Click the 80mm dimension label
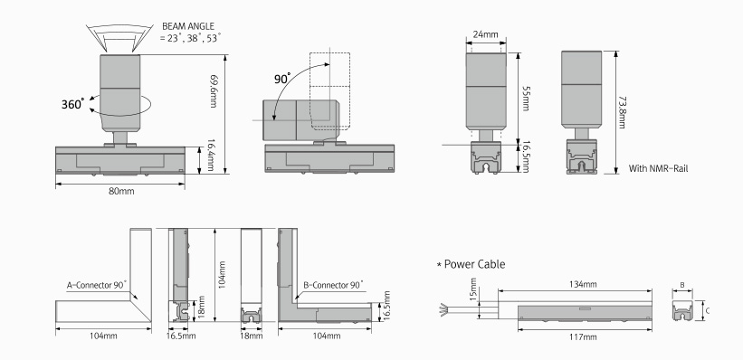[x=122, y=192]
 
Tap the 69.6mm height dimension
[x=214, y=92]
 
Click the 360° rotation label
[x=73, y=104]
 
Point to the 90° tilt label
[x=282, y=78]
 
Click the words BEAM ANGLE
[x=188, y=26]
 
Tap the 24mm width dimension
[x=485, y=34]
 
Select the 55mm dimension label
[x=525, y=99]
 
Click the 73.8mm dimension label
[x=622, y=112]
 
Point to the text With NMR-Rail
[x=658, y=168]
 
